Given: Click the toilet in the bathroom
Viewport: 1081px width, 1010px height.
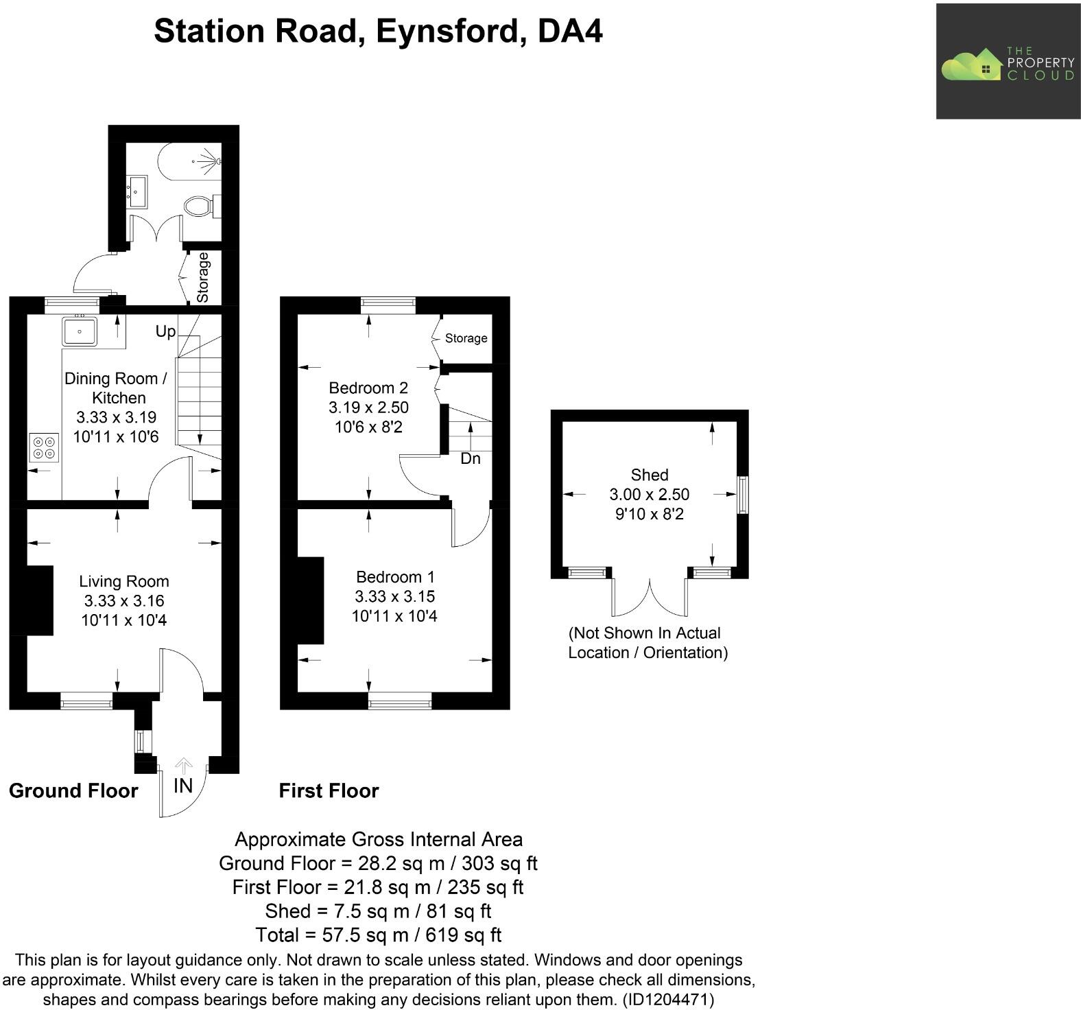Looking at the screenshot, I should click(x=200, y=205).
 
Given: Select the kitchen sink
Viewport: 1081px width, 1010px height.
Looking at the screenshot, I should click(x=80, y=331).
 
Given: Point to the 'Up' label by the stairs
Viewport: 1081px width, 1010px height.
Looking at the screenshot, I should click(x=165, y=331).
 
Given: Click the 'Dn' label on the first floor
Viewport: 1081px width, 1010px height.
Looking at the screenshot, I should click(x=471, y=458).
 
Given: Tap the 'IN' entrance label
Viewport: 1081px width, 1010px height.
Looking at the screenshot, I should click(x=182, y=786).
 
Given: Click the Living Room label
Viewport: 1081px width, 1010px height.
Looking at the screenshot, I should click(x=123, y=581).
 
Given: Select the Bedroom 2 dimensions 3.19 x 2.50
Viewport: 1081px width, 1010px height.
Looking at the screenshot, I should click(x=368, y=408).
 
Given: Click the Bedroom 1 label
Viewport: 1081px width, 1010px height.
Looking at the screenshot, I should click(x=395, y=577).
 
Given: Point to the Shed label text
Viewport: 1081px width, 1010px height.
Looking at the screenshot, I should click(x=649, y=475).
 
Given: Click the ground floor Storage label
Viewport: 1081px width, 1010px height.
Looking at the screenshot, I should click(x=203, y=277).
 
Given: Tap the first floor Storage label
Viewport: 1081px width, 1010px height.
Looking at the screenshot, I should click(x=466, y=338).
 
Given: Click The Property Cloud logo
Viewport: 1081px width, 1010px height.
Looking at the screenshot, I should click(x=1008, y=62).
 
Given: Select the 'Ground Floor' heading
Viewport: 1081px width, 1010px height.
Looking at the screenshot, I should click(x=73, y=790).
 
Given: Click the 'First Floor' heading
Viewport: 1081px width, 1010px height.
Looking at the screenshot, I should click(x=329, y=790).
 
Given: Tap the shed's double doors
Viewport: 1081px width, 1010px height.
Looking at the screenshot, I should click(x=649, y=596).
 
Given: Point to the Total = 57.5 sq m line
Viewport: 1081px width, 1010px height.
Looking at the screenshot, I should click(x=378, y=935).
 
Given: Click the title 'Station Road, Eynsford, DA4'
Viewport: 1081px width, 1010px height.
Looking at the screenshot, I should click(x=378, y=32).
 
